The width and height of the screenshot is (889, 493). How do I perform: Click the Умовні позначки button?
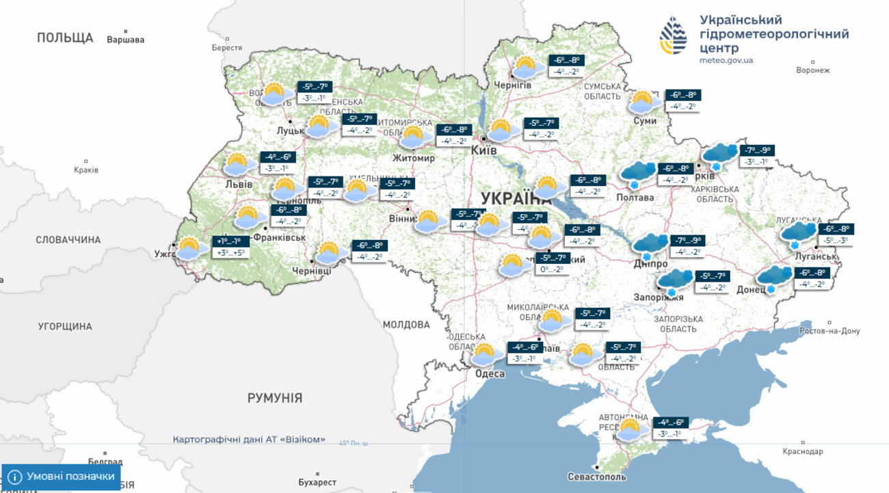(x=62, y=477)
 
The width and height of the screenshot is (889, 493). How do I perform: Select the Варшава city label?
(x=126, y=40)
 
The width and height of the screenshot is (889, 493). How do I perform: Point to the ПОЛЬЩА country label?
(x=65, y=38)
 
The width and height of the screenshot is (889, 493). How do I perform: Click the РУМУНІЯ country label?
(x=275, y=398)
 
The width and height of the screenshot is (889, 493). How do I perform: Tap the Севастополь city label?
(x=596, y=476)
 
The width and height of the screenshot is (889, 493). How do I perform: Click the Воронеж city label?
(x=813, y=70)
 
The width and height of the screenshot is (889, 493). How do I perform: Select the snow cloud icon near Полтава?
(x=636, y=175)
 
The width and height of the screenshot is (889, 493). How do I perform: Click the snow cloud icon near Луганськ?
(x=799, y=235)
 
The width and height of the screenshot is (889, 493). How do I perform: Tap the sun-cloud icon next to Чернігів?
(x=525, y=68)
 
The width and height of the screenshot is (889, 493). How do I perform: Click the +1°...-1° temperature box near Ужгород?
(x=230, y=241)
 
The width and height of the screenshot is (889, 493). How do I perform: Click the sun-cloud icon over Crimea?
(x=629, y=430)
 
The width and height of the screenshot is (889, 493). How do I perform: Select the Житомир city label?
(x=414, y=158)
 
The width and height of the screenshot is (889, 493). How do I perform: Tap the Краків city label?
(x=86, y=170)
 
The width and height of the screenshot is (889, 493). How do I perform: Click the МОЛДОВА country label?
(x=406, y=324)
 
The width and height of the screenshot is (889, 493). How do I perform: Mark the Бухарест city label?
(x=317, y=482)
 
